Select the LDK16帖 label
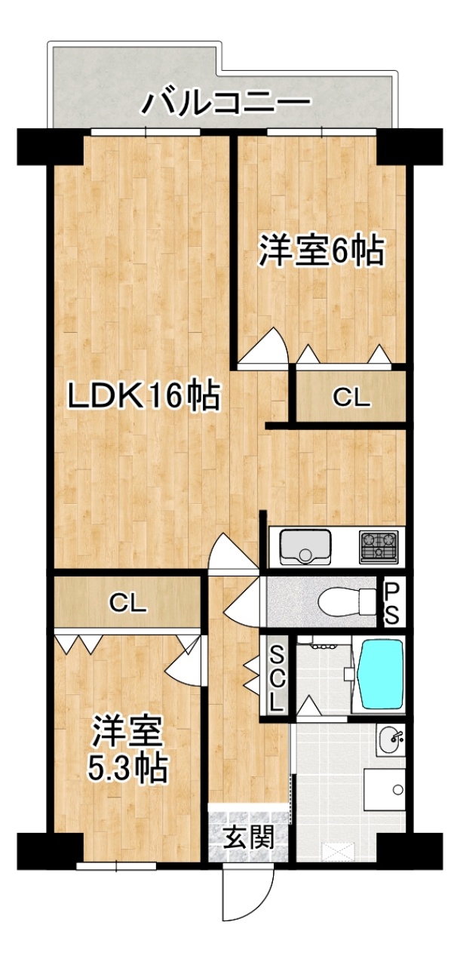[144, 395]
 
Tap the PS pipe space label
[391, 603]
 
